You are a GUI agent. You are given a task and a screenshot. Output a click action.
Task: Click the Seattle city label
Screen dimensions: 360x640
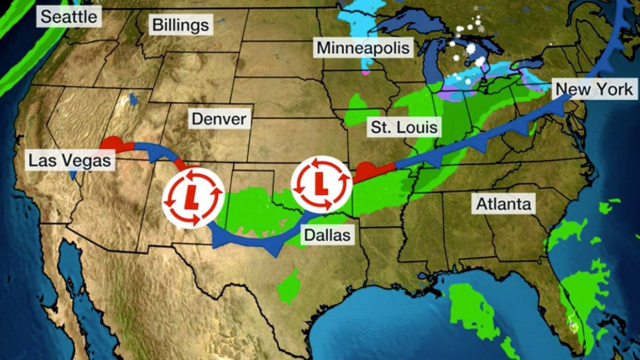point(69,17)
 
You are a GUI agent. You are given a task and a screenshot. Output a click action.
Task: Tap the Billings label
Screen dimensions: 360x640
point(180,24)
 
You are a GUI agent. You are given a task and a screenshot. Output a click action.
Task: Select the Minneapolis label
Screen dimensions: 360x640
point(363,48)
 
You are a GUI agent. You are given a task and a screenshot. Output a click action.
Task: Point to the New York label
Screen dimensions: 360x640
point(594,89)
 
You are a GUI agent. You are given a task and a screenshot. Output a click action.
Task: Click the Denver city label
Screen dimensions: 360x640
point(219,119)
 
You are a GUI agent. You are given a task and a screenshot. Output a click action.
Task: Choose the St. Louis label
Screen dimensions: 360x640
point(404,127)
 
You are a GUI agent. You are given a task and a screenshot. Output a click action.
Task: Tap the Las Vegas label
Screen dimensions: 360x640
point(70,160)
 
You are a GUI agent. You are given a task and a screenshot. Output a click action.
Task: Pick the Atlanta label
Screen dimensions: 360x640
point(503,204)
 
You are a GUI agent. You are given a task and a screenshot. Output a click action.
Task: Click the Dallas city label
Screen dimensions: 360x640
point(327,235)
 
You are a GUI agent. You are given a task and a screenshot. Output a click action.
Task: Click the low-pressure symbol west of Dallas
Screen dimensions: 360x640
point(193,197)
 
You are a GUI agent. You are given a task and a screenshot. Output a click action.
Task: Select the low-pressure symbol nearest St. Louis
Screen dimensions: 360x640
point(321,183)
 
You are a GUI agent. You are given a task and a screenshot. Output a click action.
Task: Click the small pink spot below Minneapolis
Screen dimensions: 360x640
point(366,73)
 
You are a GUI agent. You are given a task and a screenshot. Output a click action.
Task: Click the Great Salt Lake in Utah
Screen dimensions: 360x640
point(135,98)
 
